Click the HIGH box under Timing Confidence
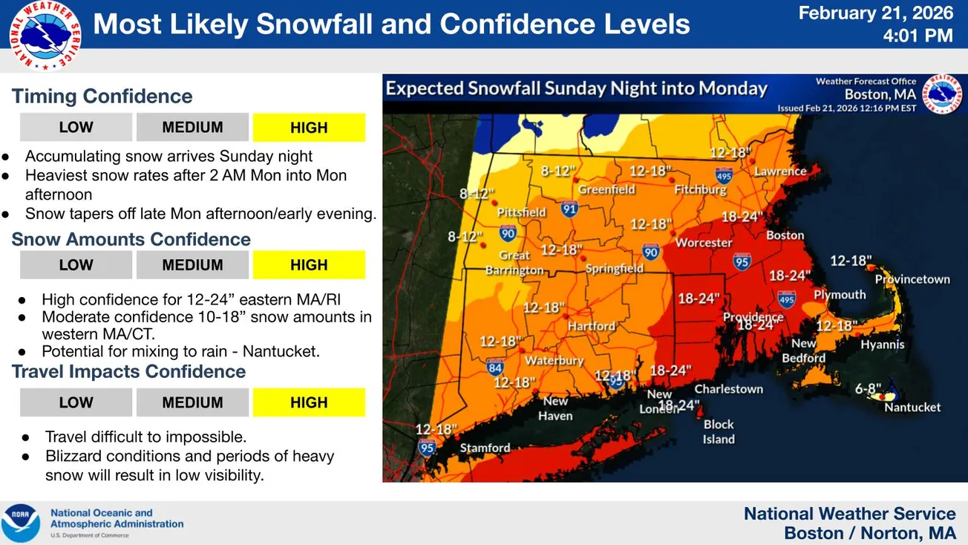[309, 128]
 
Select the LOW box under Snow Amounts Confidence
[76, 265]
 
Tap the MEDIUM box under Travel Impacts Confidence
[192, 402]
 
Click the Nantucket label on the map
[912, 407]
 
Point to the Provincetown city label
[912, 279]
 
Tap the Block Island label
[719, 431]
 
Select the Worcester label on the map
[704, 242]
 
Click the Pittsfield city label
[521, 212]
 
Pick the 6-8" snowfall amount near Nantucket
[867, 388]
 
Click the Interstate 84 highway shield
[495, 366]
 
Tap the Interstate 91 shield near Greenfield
[569, 209]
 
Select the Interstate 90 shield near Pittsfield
[508, 235]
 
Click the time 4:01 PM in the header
[918, 35]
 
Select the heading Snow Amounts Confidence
[131, 239]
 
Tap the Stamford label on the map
[485, 448]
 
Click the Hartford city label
[592, 326]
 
